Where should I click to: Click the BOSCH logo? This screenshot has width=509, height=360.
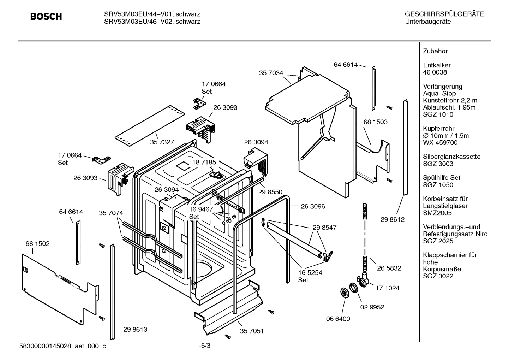pos(46,17)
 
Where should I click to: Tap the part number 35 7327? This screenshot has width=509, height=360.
pos(162,142)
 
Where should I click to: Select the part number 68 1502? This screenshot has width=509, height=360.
pos(37,244)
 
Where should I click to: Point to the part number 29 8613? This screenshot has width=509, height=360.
pos(135,329)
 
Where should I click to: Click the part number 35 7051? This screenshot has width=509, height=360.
pos(252,331)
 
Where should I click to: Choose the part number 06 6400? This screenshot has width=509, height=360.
pos(338,319)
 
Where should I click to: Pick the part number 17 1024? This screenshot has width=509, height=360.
pos(387,288)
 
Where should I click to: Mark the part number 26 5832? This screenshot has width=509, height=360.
pos(389,268)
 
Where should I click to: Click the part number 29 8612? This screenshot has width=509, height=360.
pos(393,219)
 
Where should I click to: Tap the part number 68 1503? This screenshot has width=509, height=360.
pos(375,122)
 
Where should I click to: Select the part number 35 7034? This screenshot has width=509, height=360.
pos(271,73)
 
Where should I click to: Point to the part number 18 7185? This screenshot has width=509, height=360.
pos(204,162)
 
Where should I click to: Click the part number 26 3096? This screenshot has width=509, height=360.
pos(313,206)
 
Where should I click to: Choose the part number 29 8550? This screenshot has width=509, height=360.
pos(270,192)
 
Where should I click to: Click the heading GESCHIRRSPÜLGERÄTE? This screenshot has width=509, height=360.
pos(444,14)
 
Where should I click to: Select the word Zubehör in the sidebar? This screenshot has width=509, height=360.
pos(435,51)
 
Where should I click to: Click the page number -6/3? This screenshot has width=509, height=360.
pos(205,346)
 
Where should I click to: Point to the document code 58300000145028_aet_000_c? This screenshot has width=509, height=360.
pos(62,346)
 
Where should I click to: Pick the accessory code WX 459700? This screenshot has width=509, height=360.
pos(440,143)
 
